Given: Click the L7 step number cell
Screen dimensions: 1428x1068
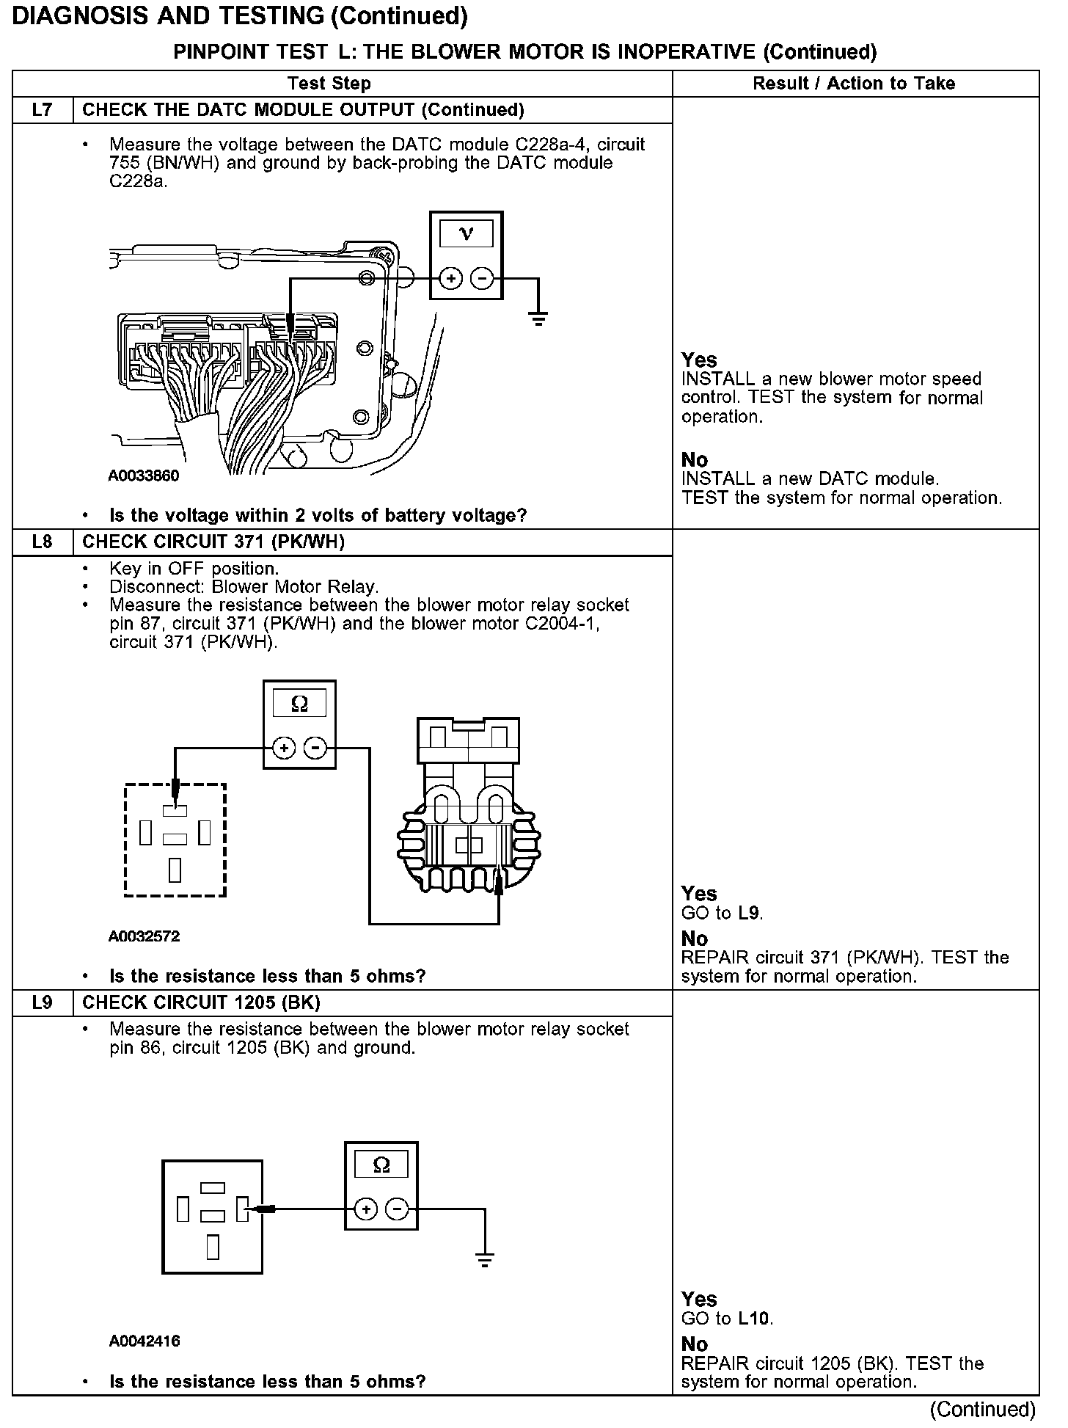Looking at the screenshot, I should [x=43, y=110].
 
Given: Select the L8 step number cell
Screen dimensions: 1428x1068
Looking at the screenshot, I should [x=43, y=542].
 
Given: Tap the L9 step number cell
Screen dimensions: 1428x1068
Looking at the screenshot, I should [x=43, y=1003].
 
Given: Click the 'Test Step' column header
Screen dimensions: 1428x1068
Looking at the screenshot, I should [x=329, y=84].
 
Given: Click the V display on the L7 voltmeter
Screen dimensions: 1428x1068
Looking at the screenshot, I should [x=466, y=234].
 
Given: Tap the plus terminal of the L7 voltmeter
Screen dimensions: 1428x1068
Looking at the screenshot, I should [x=450, y=279].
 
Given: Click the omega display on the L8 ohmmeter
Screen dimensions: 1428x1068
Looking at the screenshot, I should [x=299, y=704].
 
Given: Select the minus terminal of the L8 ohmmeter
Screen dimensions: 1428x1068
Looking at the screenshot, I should [x=315, y=748].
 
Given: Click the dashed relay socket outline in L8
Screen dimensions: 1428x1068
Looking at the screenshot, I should [x=175, y=840].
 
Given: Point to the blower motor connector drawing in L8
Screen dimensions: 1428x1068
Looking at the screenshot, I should [x=468, y=807].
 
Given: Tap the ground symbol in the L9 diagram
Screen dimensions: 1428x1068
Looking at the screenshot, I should [x=484, y=1261].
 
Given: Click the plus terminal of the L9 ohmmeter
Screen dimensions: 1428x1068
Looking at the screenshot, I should [x=366, y=1209].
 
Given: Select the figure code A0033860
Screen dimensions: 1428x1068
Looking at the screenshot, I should [x=144, y=476].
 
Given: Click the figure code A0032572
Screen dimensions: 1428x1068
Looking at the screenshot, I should [x=144, y=936].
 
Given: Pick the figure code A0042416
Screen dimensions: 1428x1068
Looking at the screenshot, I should [x=145, y=1341].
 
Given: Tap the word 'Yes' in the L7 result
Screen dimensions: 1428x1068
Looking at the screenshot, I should [x=698, y=360].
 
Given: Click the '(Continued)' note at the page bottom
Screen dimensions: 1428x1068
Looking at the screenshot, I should [x=982, y=1410].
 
